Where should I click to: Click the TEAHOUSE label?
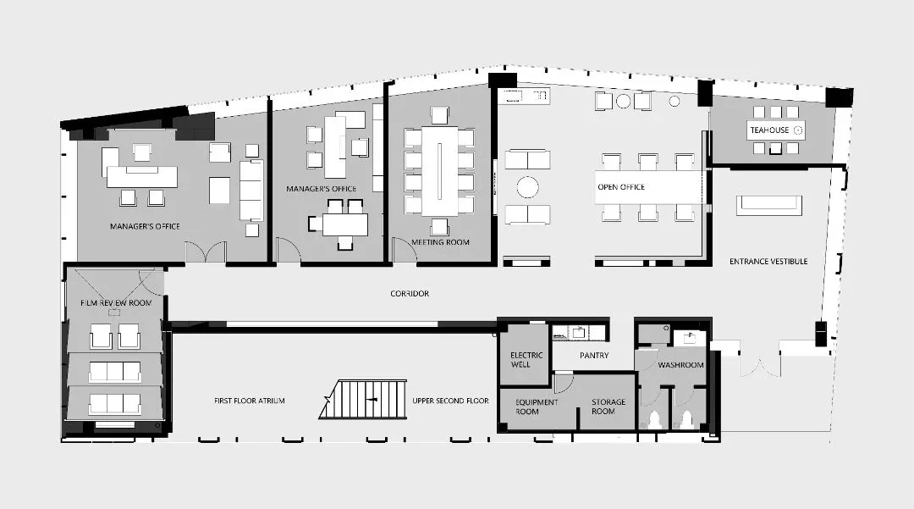[768, 130]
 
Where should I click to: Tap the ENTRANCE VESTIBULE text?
[768, 261]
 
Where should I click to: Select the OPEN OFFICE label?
[621, 187]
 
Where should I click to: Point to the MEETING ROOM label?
[440, 242]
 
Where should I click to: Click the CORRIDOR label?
[410, 293]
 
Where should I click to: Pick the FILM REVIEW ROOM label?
[116, 302]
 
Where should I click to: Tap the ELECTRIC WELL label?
[526, 360]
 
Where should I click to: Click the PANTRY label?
[594, 355]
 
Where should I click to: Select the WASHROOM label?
[680, 365]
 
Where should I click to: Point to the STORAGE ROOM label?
[608, 407]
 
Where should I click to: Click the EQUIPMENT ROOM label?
[537, 407]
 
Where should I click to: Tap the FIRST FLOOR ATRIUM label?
[250, 401]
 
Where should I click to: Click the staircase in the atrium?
[363, 400]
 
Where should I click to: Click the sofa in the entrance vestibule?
[768, 206]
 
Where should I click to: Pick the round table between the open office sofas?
[527, 187]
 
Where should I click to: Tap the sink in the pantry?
[579, 333]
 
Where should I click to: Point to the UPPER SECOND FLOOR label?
[450, 401]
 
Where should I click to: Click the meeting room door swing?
[405, 250]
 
